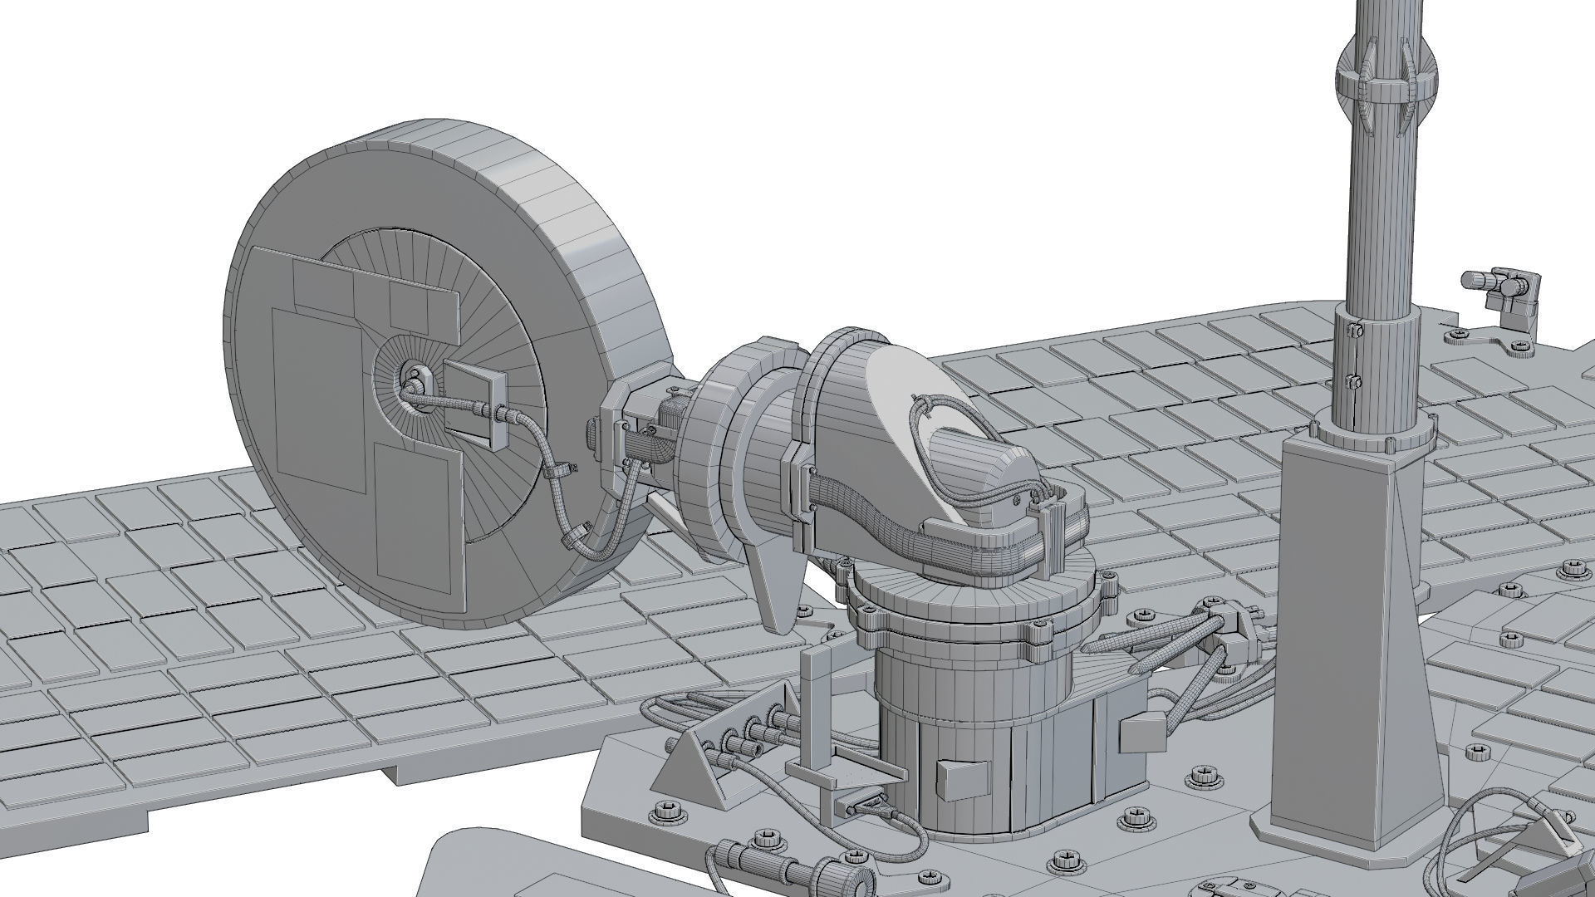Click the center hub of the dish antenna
pos(413,385)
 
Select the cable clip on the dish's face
pos(562,470)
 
